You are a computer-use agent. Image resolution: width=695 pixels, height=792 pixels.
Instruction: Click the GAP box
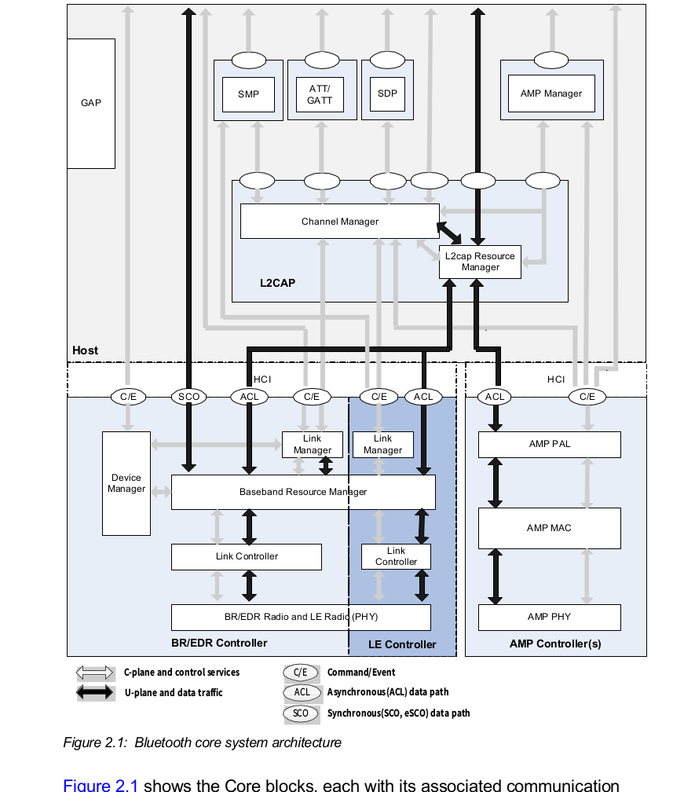91,103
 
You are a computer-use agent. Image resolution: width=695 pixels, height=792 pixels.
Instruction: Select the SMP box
248,94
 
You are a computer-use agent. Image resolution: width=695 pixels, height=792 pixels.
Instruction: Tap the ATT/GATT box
320,94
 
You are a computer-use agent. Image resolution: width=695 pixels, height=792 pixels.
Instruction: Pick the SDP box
387,93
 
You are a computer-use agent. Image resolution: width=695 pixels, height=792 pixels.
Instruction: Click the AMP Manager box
551,93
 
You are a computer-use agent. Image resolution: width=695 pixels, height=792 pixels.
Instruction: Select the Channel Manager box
339,222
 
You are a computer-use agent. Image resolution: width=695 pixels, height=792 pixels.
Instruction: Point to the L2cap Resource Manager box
480,262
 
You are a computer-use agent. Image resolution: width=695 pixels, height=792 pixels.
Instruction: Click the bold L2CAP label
277,283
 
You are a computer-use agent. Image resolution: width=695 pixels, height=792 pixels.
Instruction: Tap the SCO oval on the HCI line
188,397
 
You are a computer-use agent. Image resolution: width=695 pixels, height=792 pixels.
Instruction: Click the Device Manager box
126,483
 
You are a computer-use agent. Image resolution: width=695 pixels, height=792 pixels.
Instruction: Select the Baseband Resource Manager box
303,493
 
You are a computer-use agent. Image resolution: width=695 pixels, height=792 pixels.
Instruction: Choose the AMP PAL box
549,445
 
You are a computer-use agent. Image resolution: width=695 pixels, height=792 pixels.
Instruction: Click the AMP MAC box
549,528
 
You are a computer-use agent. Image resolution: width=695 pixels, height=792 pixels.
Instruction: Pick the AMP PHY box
549,617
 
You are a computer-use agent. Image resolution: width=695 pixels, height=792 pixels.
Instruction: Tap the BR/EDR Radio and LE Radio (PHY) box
301,617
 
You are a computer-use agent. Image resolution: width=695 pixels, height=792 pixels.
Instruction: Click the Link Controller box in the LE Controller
396,556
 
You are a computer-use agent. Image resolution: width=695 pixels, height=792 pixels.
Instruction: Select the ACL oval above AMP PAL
495,397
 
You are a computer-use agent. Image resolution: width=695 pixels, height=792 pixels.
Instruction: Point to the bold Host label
86,350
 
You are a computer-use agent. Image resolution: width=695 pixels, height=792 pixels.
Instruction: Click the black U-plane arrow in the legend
94,693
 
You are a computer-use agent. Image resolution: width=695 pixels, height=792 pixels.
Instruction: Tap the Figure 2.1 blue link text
101,785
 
